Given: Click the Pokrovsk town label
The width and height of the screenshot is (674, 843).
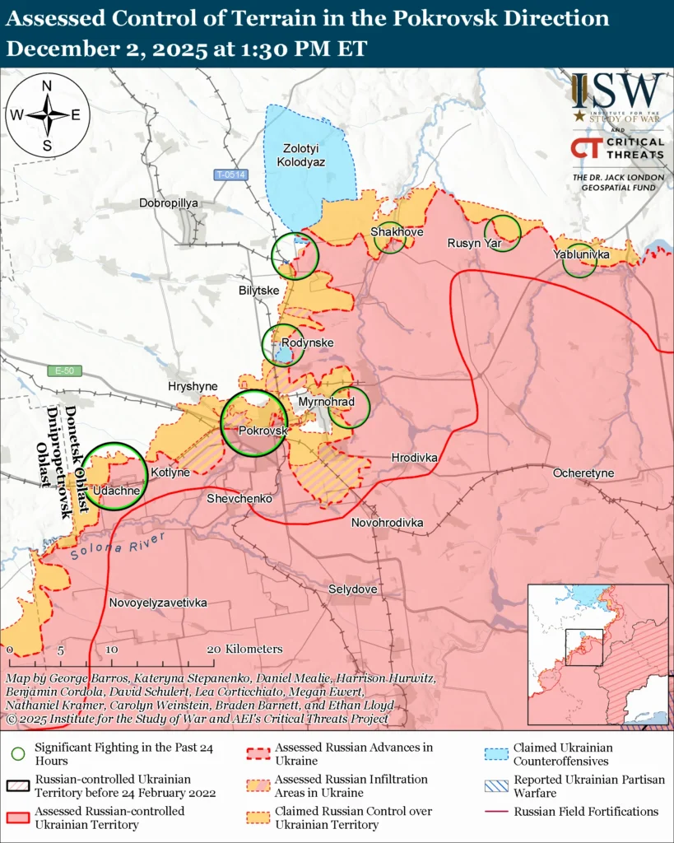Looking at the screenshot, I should pyautogui.click(x=263, y=431).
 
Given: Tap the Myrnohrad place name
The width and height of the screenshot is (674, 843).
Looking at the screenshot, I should pyautogui.click(x=326, y=401).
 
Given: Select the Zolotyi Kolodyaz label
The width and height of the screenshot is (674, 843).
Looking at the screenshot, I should pyautogui.click(x=304, y=156).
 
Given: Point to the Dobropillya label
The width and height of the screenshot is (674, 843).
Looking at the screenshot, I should pyautogui.click(x=170, y=203).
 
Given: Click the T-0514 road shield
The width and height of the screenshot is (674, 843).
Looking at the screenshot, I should pyautogui.click(x=230, y=175).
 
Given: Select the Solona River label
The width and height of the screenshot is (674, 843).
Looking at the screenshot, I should pyautogui.click(x=118, y=547).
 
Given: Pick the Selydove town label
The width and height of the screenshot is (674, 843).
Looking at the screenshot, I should pyautogui.click(x=352, y=589).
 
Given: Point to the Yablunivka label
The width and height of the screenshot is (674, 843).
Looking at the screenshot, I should pyautogui.click(x=581, y=255).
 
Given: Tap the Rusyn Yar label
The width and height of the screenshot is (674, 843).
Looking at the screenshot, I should pyautogui.click(x=474, y=243).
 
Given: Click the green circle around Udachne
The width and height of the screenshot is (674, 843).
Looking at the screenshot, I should pyautogui.click(x=115, y=476).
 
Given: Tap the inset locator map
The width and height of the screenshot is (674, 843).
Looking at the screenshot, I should pyautogui.click(x=597, y=654).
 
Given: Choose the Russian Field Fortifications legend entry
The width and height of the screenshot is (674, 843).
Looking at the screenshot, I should pyautogui.click(x=586, y=811).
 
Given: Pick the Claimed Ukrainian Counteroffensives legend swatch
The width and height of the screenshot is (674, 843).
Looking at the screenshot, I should pyautogui.click(x=494, y=753).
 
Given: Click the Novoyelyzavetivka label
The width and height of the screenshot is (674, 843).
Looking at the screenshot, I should pyautogui.click(x=158, y=603).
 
